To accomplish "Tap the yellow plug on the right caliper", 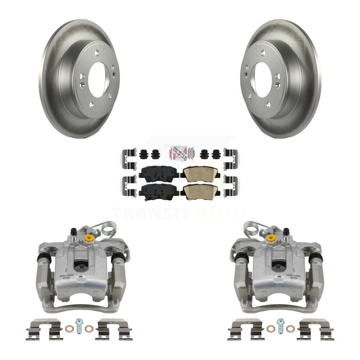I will pos(271,238).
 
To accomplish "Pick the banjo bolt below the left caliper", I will pos(79,326).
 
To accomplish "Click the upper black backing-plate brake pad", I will pos(159,172).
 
